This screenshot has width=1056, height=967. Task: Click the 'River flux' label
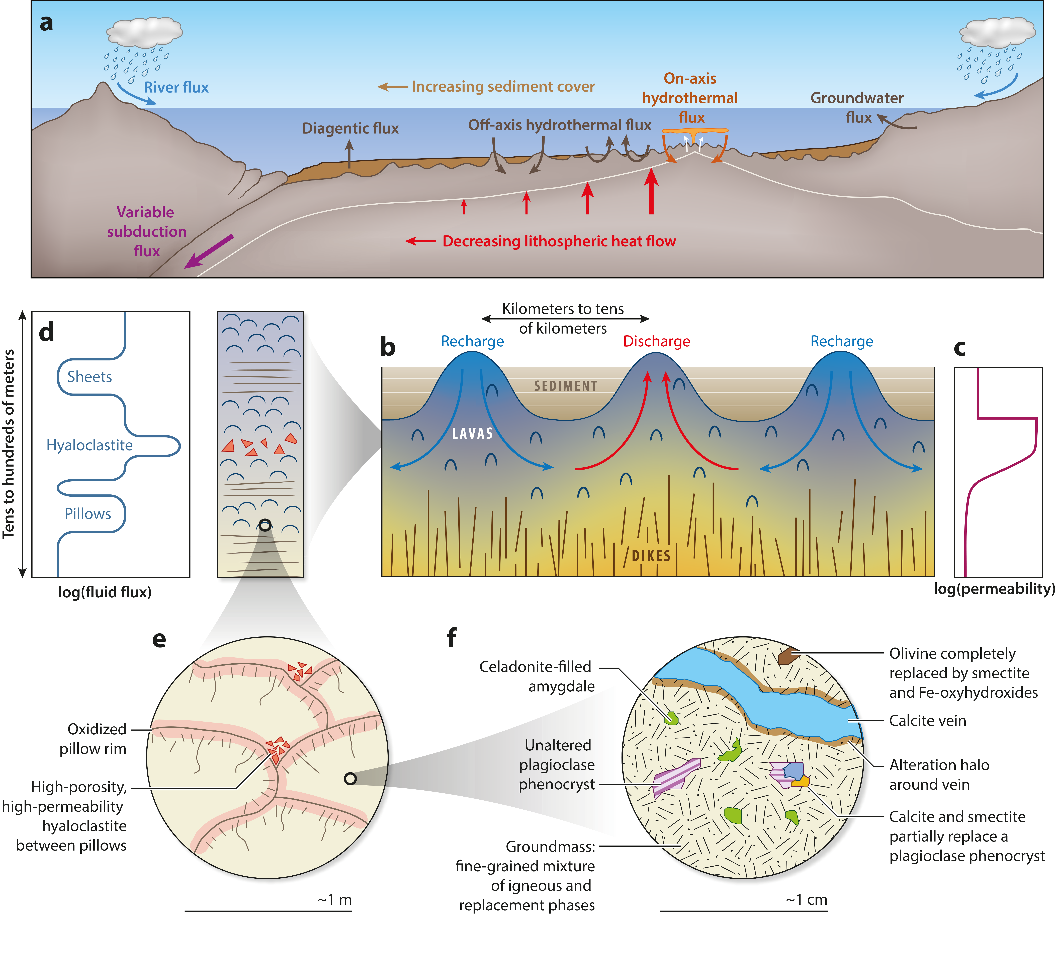pyautogui.click(x=176, y=88)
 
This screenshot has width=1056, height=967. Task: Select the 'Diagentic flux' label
pyautogui.click(x=350, y=128)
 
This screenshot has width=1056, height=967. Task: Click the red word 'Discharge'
pyautogui.click(x=656, y=341)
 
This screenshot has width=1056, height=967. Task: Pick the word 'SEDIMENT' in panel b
pyautogui.click(x=566, y=386)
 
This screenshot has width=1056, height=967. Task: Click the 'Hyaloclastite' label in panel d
pyautogui.click(x=90, y=445)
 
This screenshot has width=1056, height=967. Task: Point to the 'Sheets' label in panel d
pyautogui.click(x=90, y=377)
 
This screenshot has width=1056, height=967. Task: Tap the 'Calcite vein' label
pyautogui.click(x=927, y=721)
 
